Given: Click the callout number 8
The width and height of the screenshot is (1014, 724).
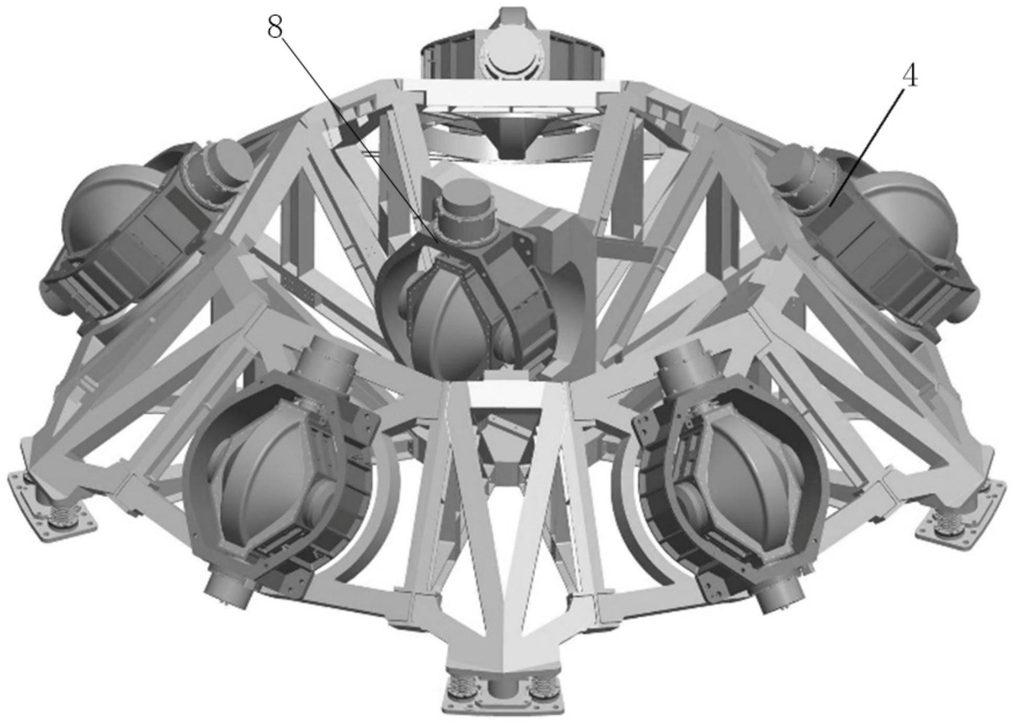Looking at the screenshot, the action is pyautogui.click(x=275, y=28).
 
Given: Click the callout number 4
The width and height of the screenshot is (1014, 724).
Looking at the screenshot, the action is pyautogui.click(x=910, y=77).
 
